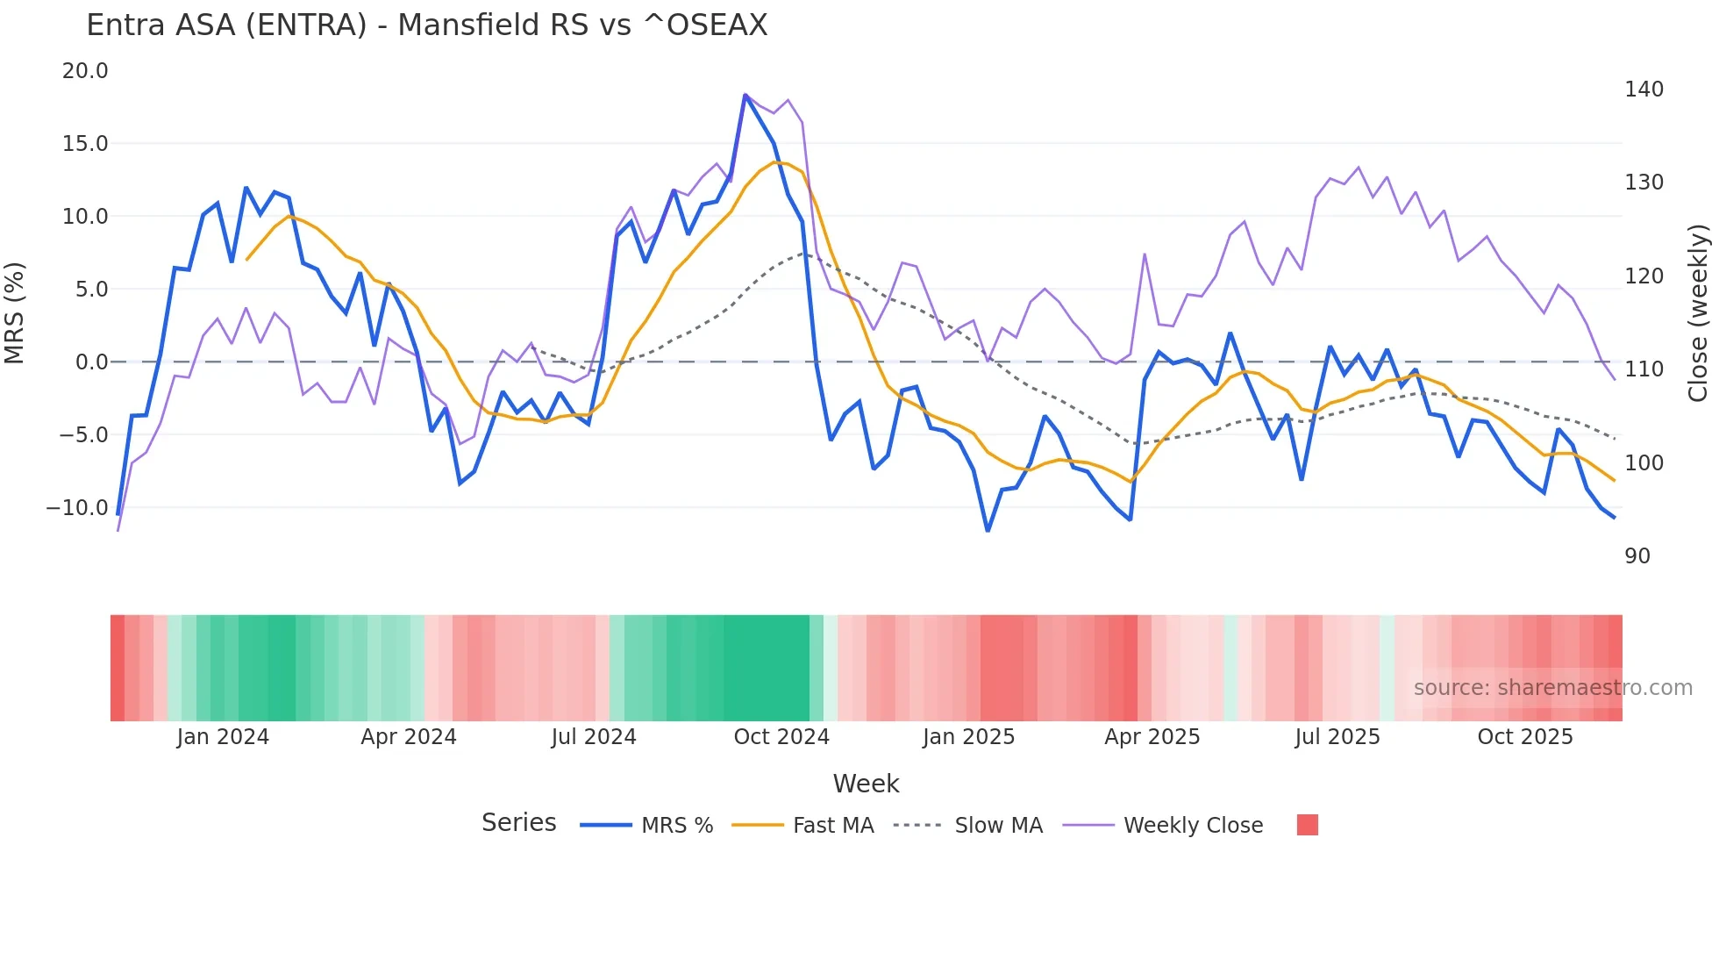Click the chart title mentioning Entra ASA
pos(426,25)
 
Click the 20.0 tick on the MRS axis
pos(85,71)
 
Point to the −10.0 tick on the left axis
pos(77,508)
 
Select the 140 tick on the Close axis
pos(1644,90)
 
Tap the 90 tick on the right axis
pos(1637,556)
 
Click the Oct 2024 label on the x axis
pos(781,737)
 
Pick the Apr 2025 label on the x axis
pos(1152,737)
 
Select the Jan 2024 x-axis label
pos(223,737)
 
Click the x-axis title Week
pos(866,784)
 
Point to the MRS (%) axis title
pos(15,313)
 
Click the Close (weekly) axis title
pos(1698,313)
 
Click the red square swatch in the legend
pos(1307,825)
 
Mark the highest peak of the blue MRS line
pos(745,95)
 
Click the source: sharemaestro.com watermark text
pos(1552,688)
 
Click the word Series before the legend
pos(518,823)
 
